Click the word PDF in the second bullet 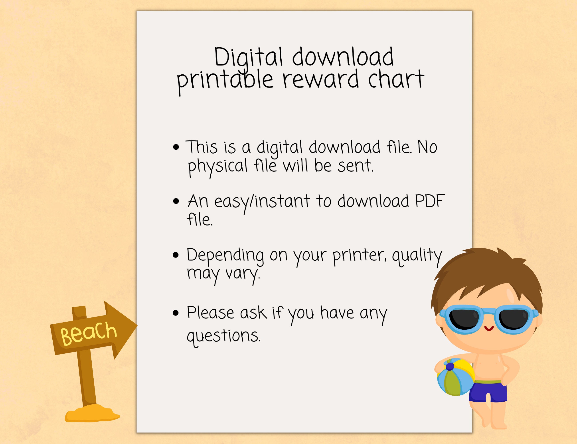pyautogui.click(x=430, y=201)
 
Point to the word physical pyautogui.click(x=217, y=166)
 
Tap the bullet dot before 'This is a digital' pyautogui.click(x=176, y=147)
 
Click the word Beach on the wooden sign pyautogui.click(x=89, y=333)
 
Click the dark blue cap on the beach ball pyautogui.click(x=450, y=367)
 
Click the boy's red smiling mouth pyautogui.click(x=489, y=329)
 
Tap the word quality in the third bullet pyautogui.click(x=417, y=256)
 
